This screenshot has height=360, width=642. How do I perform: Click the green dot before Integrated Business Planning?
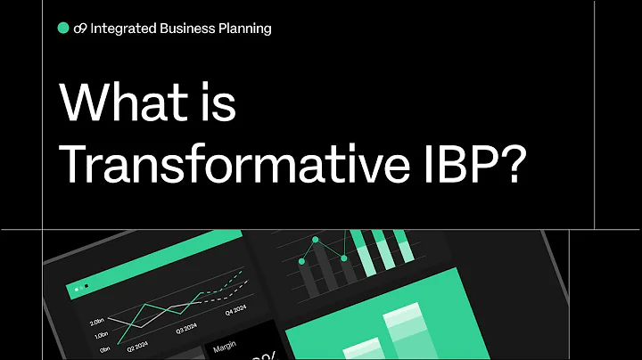coord(63,28)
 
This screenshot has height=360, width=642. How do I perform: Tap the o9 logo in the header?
coord(80,28)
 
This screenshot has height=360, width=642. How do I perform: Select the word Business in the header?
coord(186,28)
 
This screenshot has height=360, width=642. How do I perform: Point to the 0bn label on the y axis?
coord(104,349)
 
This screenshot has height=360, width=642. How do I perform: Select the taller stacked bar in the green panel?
coord(404,334)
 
